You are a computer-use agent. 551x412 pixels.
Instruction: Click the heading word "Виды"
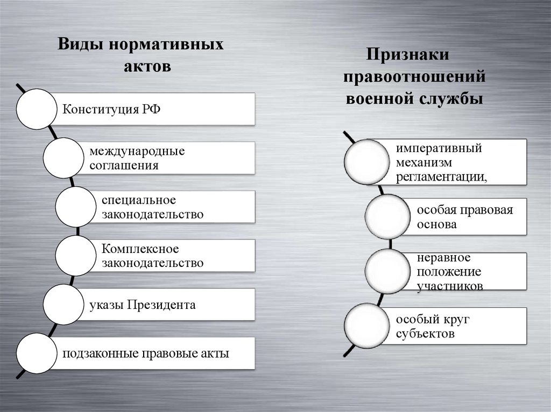pos(81,44)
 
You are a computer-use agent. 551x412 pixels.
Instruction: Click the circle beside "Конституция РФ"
pos(37,110)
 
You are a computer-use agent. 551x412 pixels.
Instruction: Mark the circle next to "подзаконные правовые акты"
pos(37,353)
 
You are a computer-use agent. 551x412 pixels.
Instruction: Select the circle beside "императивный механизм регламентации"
pos(366,162)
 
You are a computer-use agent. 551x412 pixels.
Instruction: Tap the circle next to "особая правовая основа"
pos(386,216)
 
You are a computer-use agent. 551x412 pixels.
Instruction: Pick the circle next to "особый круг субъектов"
pos(366,326)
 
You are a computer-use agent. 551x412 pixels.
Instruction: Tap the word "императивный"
pos(439,149)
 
